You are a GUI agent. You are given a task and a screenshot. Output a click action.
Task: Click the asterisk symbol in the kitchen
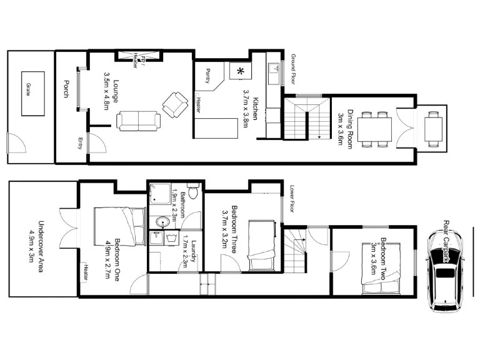coord(240,71)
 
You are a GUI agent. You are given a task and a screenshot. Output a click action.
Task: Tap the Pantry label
coord(207,76)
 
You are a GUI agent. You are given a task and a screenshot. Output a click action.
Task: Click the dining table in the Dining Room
coord(375,129)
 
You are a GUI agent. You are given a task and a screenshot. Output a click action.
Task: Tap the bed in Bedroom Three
coord(261,245)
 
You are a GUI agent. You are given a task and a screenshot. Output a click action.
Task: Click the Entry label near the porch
coord(80,143)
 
